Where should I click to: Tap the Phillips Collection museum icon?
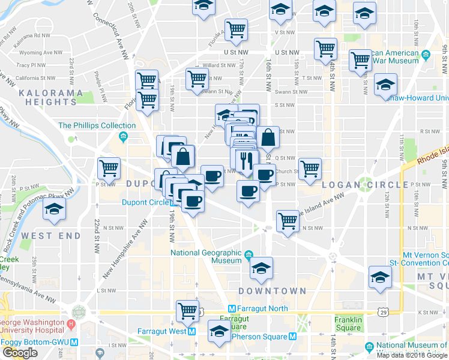tap(123, 125)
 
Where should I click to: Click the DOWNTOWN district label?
tap(272, 290)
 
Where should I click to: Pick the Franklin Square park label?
tap(348, 324)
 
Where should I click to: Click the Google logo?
tap(20, 353)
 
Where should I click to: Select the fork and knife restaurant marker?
tap(246, 160)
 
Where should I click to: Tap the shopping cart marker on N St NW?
tap(288, 221)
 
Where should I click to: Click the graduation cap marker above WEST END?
tap(55, 211)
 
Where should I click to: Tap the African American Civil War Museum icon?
tap(426, 56)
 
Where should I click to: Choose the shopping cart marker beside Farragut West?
tap(188, 311)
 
